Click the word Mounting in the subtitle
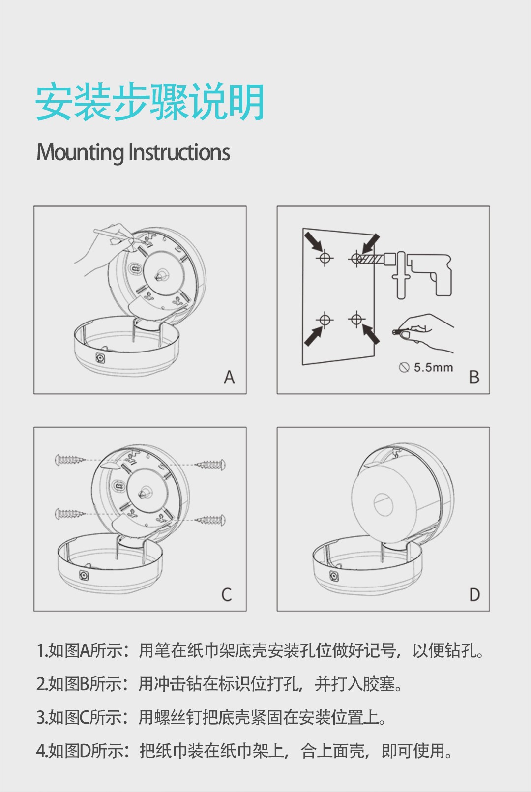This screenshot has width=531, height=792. point(80,152)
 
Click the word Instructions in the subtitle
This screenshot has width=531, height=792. point(179,152)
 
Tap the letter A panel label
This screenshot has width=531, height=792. point(229,377)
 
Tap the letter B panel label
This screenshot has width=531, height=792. point(474,377)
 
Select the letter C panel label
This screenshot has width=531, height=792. point(227,595)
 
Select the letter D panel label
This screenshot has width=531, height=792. point(474,595)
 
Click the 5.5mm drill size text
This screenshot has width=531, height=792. point(434,368)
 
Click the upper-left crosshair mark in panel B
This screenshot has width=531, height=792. point(325,258)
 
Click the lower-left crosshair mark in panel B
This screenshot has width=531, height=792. point(325,320)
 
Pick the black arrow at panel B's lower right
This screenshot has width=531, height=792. point(370,334)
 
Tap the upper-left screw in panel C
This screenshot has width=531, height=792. point(70,460)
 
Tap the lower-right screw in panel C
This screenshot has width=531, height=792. point(211,520)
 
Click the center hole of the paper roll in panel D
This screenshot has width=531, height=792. point(383,504)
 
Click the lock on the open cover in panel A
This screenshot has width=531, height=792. point(100,358)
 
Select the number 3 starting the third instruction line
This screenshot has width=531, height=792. point(41,717)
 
